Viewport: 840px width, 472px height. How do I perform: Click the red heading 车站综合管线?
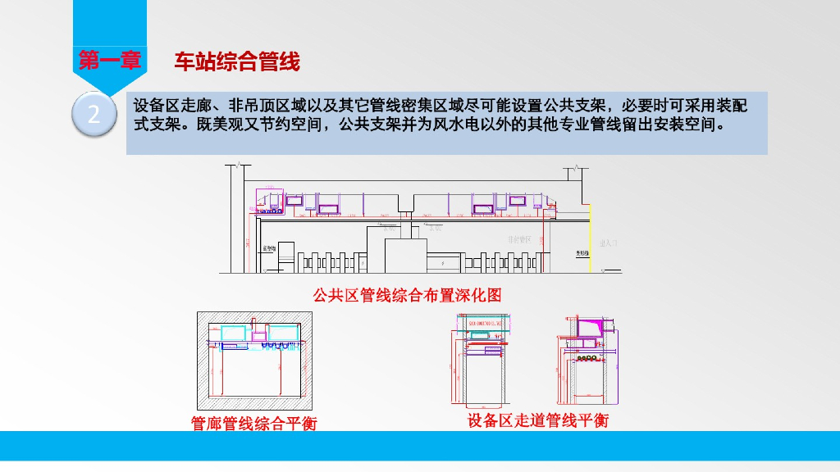(237, 61)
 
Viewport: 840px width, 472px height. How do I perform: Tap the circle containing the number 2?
(94, 115)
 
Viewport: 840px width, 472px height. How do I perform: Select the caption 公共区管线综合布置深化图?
(407, 295)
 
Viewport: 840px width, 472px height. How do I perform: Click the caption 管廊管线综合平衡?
(253, 423)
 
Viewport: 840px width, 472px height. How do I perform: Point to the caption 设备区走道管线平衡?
(537, 421)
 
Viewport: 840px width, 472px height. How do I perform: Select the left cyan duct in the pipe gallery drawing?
(233, 332)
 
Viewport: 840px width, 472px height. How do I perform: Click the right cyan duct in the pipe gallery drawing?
(284, 331)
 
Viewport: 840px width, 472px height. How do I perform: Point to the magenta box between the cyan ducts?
(259, 334)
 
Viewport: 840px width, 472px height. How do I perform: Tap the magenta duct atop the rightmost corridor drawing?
(587, 328)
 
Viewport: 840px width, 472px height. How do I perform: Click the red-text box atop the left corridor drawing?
(485, 324)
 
